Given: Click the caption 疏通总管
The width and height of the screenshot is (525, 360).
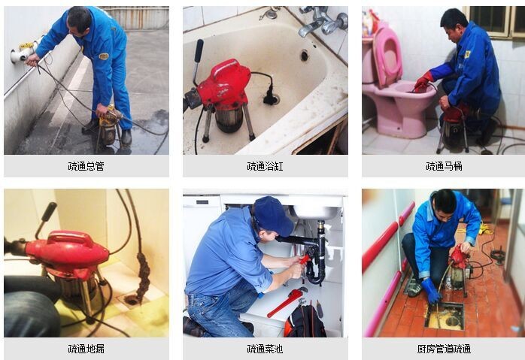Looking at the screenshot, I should pyautogui.click(x=86, y=166).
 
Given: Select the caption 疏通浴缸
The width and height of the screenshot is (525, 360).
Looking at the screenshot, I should pyautogui.click(x=265, y=166).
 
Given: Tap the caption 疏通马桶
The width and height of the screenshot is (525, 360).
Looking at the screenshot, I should pyautogui.click(x=444, y=166).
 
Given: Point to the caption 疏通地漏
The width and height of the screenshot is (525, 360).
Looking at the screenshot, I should pyautogui.click(x=86, y=349).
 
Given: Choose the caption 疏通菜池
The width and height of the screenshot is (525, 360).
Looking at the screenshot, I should pyautogui.click(x=265, y=349).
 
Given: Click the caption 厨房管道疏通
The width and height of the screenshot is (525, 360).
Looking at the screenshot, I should pyautogui.click(x=444, y=349).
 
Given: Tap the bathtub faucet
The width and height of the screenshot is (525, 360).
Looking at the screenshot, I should pyautogui.click(x=312, y=27).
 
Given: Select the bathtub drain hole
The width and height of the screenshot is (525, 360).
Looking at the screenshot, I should pyautogui.click(x=304, y=55).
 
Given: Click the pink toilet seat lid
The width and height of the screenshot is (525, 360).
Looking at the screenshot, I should pyautogui.click(x=388, y=56).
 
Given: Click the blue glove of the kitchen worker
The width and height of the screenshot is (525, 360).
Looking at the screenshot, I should pyautogui.click(x=431, y=290).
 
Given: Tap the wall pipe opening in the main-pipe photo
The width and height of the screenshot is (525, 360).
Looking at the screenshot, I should pyautogui.click(x=16, y=56).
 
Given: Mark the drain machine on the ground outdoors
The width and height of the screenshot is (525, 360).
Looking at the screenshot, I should pyautogui.click(x=108, y=125).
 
